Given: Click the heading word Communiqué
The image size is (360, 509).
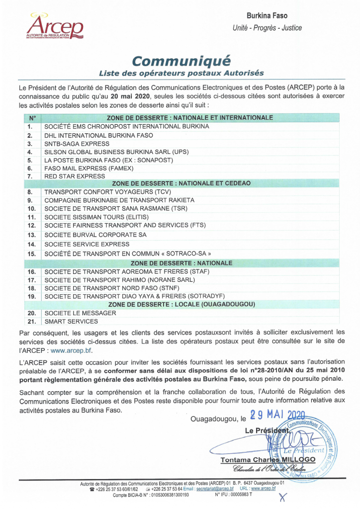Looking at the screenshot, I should pos(181,61).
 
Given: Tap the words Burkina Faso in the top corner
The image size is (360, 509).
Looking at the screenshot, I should pos(267,16).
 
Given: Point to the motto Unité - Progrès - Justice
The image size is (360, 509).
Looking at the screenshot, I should pos(267,28).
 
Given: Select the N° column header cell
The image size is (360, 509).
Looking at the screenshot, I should pos(32,118).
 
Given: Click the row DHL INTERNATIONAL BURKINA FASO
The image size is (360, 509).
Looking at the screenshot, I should pos(98,135).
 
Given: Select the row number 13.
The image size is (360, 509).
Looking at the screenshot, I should pos(32,235).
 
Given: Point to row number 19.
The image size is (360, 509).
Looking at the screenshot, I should pos(32,296).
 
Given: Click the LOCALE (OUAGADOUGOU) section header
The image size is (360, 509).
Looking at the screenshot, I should pos(181,304).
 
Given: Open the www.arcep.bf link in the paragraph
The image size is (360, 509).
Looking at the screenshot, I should pos(72,350).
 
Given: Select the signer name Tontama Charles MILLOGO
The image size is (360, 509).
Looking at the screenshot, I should pos(268,460).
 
